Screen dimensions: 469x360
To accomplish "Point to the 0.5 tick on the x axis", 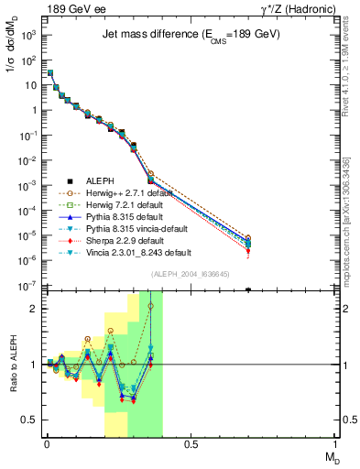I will click(x=190, y=446).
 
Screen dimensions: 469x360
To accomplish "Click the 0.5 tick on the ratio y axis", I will click(x=29, y=420).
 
